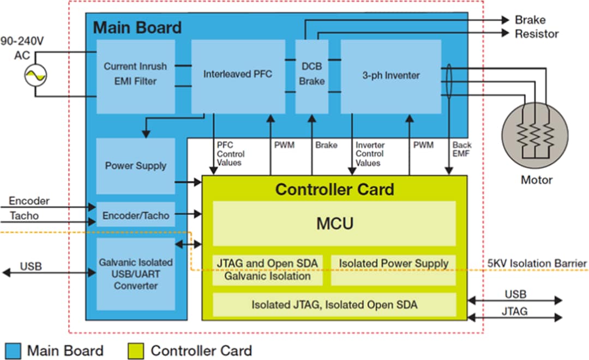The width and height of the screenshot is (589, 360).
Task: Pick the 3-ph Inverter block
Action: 390,76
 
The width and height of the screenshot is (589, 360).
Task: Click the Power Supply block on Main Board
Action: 135,166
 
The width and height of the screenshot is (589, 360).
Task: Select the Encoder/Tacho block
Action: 135,215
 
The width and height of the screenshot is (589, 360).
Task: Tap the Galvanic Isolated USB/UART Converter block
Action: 135,274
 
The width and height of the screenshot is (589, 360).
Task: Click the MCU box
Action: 334,224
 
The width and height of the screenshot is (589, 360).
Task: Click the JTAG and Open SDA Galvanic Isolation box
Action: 268,269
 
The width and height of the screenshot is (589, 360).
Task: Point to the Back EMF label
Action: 461,149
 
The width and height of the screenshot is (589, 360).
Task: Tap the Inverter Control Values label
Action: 370,154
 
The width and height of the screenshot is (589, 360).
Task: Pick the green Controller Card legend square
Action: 135,350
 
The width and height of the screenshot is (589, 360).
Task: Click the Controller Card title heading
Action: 334,189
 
